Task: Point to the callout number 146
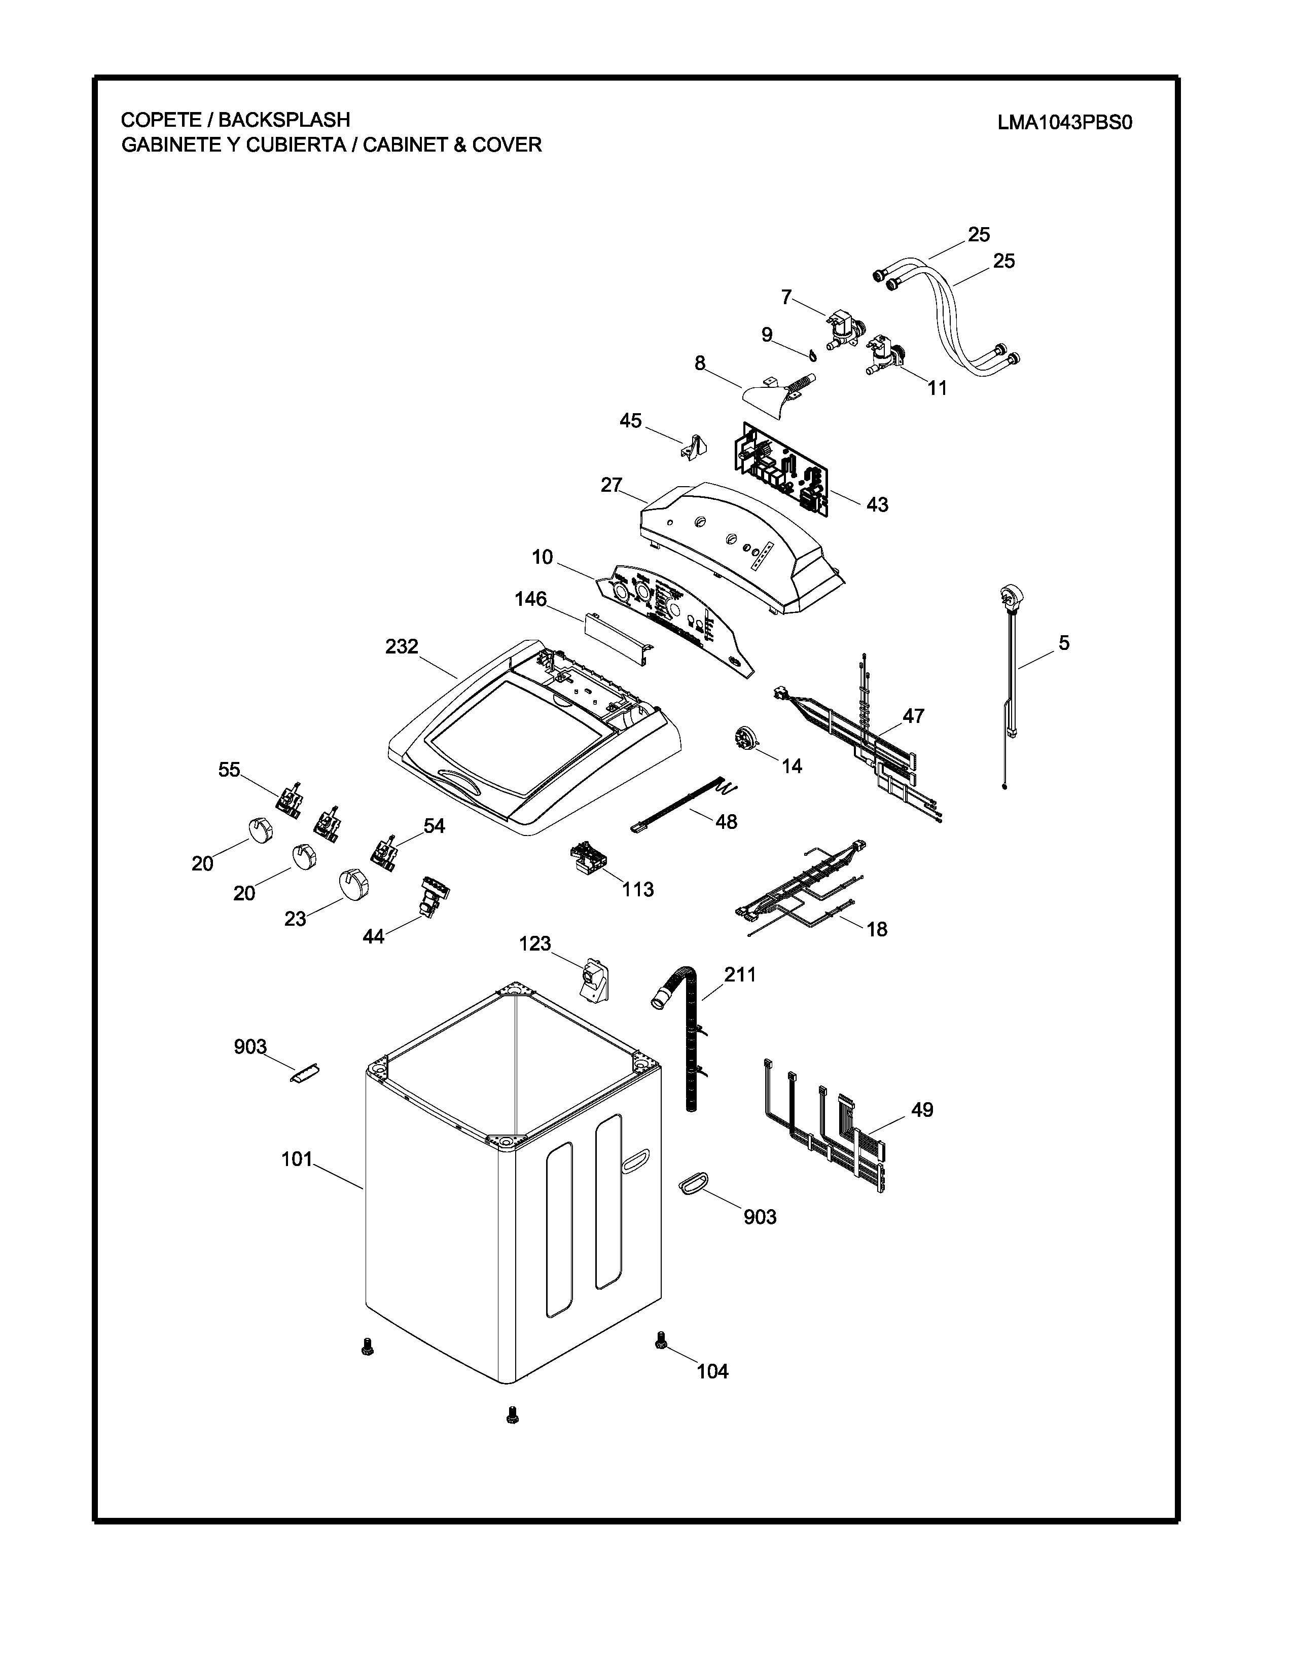[531, 599]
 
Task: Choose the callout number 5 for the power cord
[1064, 643]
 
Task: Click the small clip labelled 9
[810, 354]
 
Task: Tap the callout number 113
[638, 889]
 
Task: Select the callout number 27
[612, 485]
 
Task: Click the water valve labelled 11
[885, 356]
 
